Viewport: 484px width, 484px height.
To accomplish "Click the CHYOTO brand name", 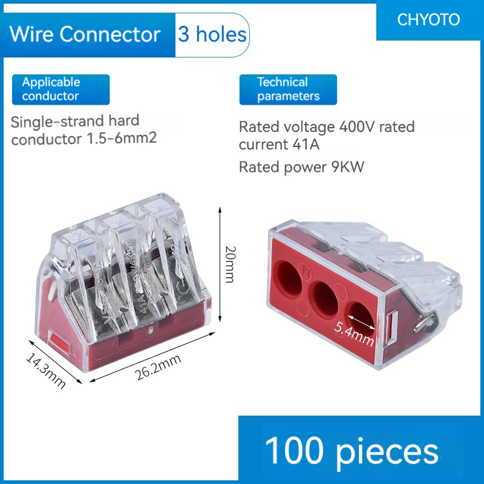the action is (428, 19).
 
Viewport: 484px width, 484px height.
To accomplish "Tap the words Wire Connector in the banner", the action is (85, 34).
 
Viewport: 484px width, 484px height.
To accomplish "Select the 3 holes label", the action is (212, 34).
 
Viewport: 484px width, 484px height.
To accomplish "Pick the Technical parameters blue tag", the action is (288, 89).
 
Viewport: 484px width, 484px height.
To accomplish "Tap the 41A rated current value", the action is (303, 145).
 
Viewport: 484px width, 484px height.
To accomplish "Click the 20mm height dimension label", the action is (229, 264).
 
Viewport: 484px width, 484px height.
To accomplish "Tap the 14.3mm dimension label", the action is (45, 370).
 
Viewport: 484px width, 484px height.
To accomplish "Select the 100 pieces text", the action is (352, 451).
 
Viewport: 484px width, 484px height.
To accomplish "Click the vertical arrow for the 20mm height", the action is (219, 264).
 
